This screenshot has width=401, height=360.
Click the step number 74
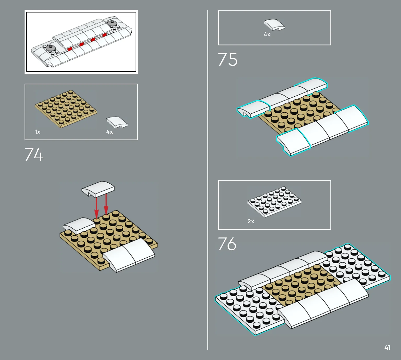point(34,154)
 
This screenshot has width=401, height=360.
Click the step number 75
point(228,59)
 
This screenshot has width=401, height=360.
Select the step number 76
point(227,244)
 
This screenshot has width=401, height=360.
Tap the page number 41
point(387,347)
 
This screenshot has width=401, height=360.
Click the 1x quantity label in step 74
point(37,132)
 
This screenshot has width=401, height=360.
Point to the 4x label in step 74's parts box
point(109,132)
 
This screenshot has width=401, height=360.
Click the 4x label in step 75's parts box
point(267,34)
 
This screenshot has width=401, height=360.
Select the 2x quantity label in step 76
point(251,221)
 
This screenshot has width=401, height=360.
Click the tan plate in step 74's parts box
point(66,109)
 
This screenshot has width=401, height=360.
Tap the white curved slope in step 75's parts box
point(275,25)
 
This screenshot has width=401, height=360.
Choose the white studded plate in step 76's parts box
point(274,202)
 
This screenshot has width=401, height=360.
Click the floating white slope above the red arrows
point(98,189)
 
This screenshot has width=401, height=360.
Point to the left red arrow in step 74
point(96,208)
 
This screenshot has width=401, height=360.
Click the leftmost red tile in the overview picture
point(70,49)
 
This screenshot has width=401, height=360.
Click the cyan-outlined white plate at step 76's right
point(356,265)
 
